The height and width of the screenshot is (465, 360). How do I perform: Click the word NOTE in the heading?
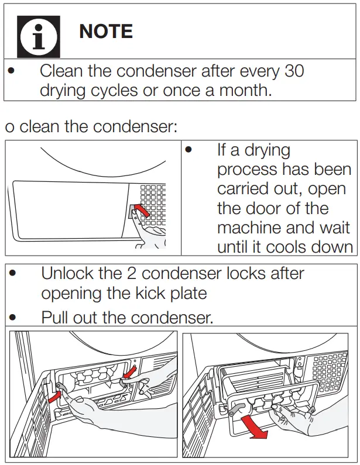click(x=106, y=32)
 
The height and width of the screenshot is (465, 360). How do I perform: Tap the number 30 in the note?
click(x=294, y=71)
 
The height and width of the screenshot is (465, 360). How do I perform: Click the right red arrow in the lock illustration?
click(x=132, y=371)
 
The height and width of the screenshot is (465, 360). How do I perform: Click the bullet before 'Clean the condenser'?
click(x=11, y=71)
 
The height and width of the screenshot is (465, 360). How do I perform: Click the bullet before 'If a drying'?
click(x=188, y=150)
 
